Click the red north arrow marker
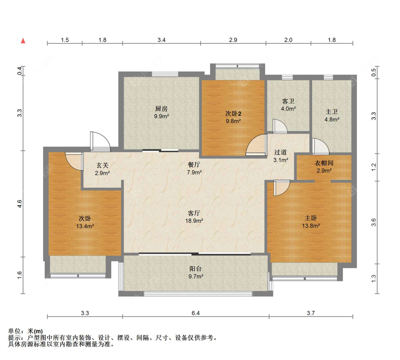(23, 41)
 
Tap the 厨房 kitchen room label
(161, 109)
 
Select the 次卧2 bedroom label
(233, 113)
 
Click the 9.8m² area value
(233, 121)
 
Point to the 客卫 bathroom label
(288, 101)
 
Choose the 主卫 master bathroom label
(332, 112)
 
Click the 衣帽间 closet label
(324, 163)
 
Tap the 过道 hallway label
(281, 152)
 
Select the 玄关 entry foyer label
(102, 166)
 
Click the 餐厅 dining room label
(194, 165)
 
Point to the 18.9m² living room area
(194, 221)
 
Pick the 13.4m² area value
(85, 226)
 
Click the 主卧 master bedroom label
(311, 218)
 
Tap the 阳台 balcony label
(196, 268)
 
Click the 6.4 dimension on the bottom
(196, 313)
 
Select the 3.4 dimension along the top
(161, 40)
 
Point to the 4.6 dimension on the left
(20, 204)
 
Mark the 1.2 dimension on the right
(374, 167)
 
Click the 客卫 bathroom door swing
(280, 126)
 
